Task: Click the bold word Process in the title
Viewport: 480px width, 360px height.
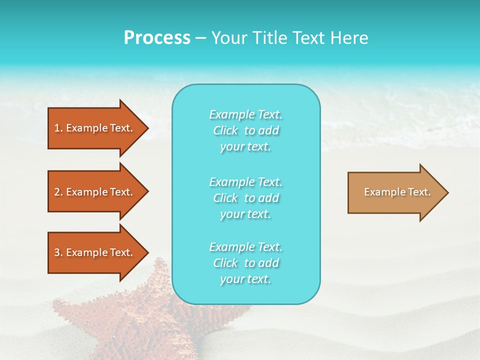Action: pos(157,38)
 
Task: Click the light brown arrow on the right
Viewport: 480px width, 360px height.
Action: pos(395,192)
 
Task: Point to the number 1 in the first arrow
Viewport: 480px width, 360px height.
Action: pos(57,128)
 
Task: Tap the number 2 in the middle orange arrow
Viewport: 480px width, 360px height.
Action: pos(57,192)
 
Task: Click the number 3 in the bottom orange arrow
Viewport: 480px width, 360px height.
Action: pos(57,252)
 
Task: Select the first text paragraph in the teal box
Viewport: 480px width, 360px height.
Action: pos(245,130)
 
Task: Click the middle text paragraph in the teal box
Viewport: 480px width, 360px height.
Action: pos(245,198)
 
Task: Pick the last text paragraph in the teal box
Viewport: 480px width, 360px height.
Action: pos(245,263)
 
